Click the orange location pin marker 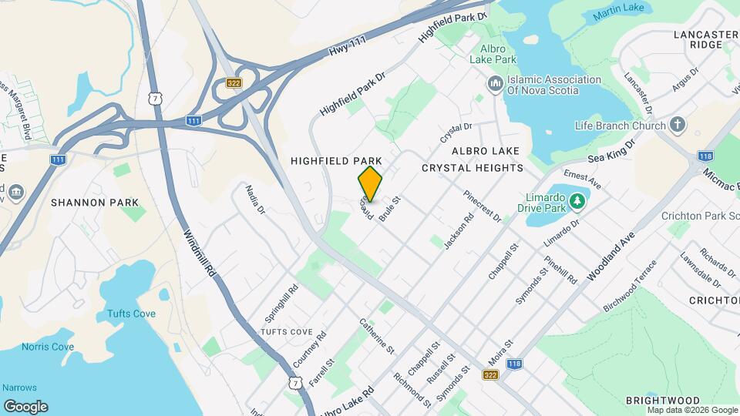click(370, 184)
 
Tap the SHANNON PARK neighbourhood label click(95, 203)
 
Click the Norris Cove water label click(48, 347)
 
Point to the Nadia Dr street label click(255, 199)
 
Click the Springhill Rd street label click(281, 304)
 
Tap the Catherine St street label click(377, 336)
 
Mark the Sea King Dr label click(610, 149)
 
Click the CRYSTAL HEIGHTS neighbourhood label click(473, 168)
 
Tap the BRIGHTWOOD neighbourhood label click(663, 401)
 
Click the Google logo click(25, 406)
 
